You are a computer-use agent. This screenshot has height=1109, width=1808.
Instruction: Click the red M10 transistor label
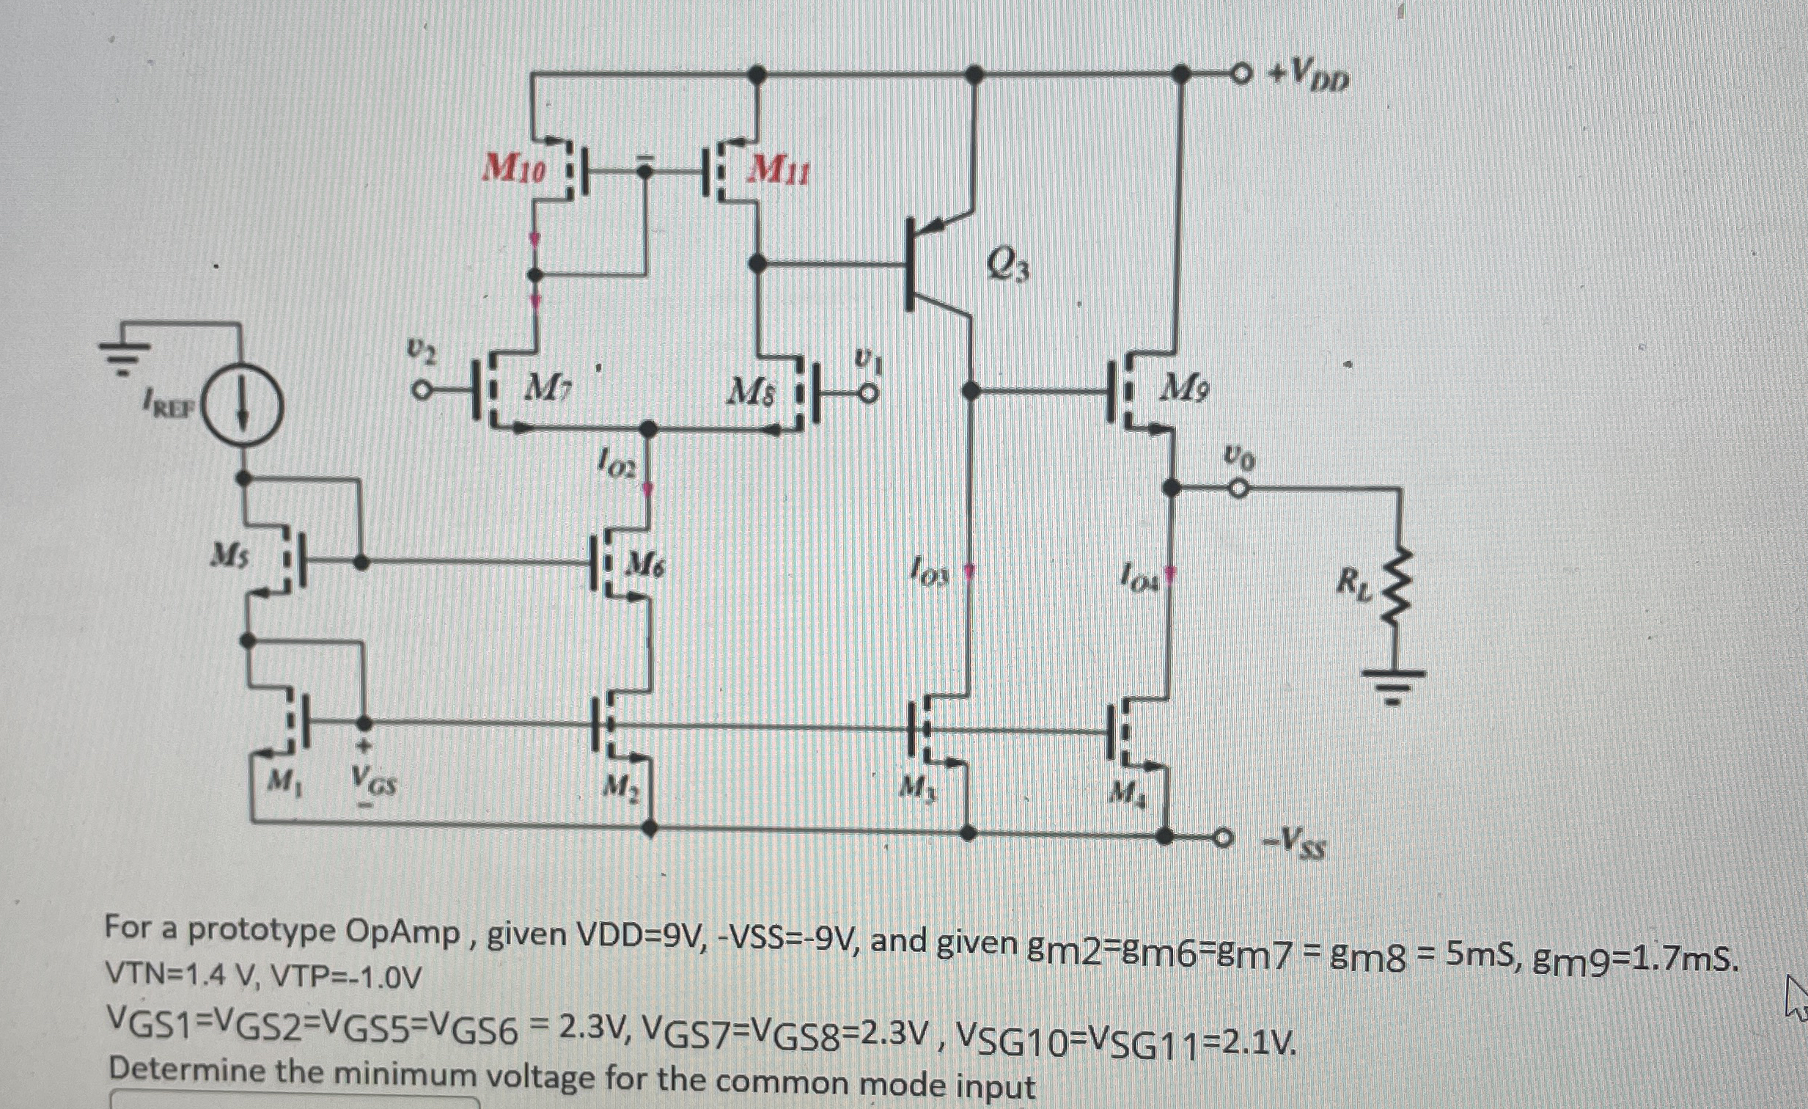tap(515, 169)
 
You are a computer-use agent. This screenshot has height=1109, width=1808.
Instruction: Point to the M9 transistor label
tap(1182, 389)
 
